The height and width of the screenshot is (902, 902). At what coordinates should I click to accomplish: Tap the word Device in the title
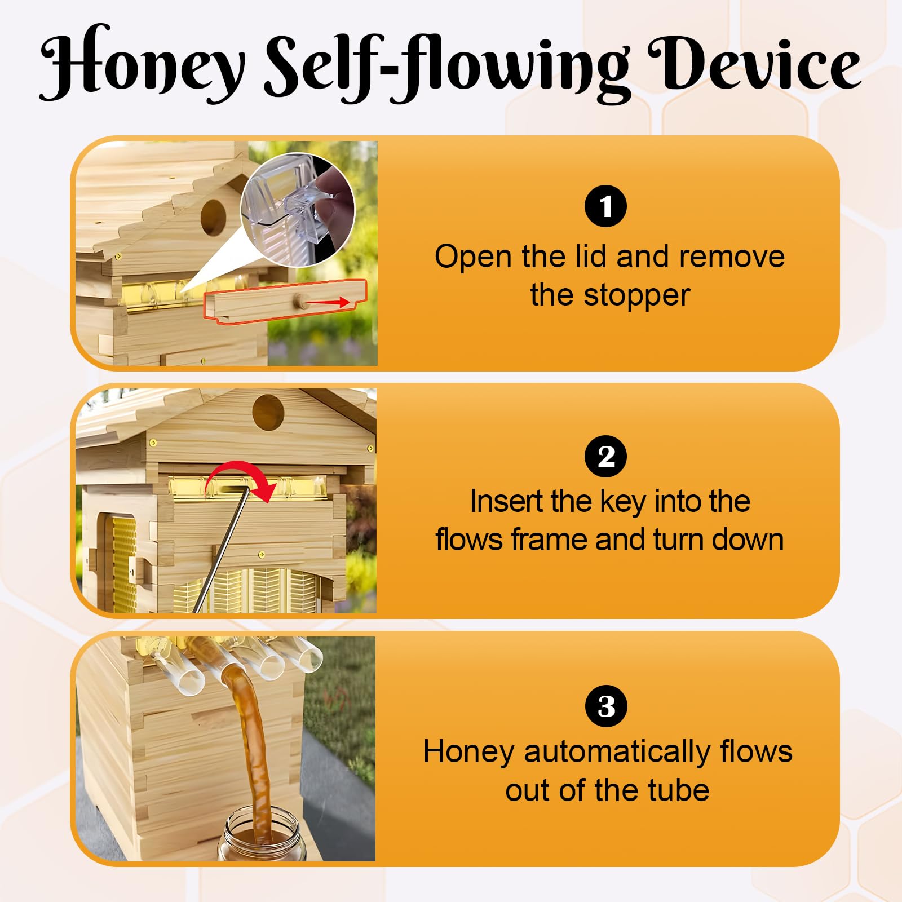coord(755,63)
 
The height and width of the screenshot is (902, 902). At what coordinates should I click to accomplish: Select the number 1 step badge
coord(605,206)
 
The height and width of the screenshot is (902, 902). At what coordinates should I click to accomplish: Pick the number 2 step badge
coord(605,456)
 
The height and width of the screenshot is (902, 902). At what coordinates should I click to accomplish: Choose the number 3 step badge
coord(606,706)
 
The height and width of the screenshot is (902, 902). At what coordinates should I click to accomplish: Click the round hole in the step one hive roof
coord(213,217)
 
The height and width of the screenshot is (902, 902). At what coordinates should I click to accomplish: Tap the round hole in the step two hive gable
coord(268,412)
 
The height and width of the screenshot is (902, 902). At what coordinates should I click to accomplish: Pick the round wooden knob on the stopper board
coord(299,303)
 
